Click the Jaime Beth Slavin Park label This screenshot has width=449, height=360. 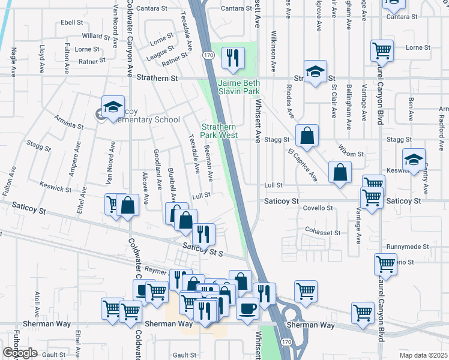click(238, 86)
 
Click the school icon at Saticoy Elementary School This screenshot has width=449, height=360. click(112, 107)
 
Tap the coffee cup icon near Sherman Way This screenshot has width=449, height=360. click(247, 309)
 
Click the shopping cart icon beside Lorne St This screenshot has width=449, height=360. click(382, 52)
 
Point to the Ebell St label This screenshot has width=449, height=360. click(71, 22)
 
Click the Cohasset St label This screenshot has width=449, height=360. click(323, 232)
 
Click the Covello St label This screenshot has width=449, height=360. click(318, 208)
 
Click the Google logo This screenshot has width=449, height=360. click(20, 353)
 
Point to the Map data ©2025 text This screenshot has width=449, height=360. click(423, 355)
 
